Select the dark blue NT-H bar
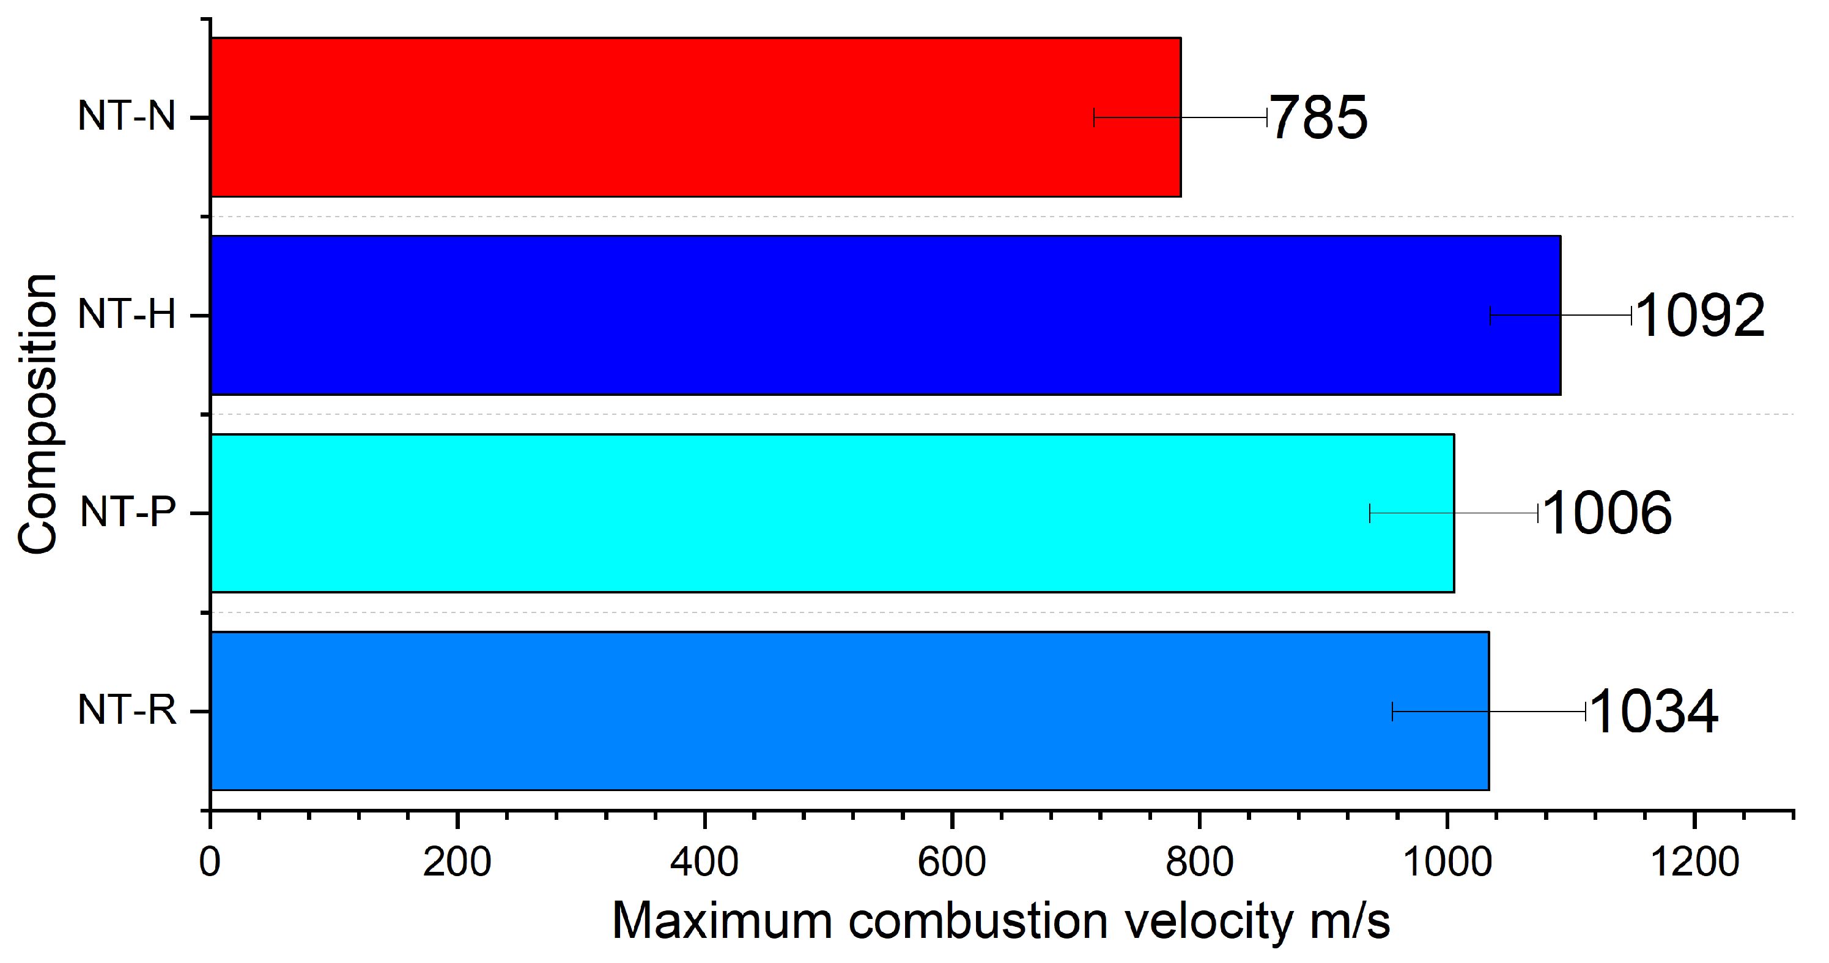tap(852, 315)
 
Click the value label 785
tap(1318, 118)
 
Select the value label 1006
tap(1607, 513)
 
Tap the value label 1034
tap(1653, 711)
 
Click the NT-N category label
tap(127, 116)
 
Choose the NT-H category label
tap(127, 314)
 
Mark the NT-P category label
tap(128, 512)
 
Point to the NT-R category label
tap(127, 710)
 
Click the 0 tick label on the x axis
tap(210, 862)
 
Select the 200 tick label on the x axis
tap(457, 862)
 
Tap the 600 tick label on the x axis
tap(951, 862)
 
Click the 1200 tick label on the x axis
tap(1694, 862)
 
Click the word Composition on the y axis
tap(38, 414)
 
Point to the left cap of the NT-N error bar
tap(1094, 117)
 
